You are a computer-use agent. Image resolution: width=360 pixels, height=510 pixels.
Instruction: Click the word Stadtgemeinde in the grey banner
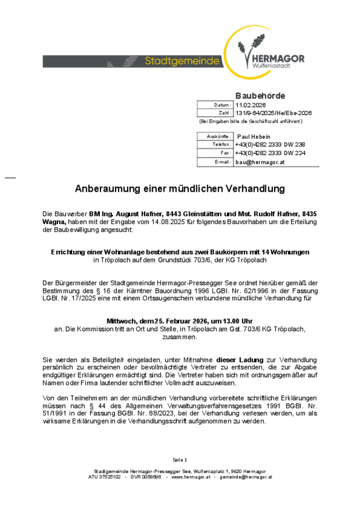[x=182, y=61]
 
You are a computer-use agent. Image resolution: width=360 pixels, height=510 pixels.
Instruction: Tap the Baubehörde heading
[x=260, y=96]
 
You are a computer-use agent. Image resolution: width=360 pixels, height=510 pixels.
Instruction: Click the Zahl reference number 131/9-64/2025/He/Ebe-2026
[x=273, y=113]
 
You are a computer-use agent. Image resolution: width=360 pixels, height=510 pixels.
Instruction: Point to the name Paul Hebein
[x=254, y=137]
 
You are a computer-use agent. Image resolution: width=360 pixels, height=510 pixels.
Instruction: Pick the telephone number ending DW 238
[x=270, y=145]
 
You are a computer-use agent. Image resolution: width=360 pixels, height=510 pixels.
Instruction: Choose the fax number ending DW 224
[x=270, y=153]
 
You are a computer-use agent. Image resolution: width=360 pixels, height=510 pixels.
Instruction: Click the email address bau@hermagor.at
[x=260, y=163]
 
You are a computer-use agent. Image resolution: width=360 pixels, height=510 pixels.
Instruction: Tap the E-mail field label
[x=222, y=163]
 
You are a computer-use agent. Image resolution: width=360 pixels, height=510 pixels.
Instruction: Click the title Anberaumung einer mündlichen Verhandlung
[x=180, y=189]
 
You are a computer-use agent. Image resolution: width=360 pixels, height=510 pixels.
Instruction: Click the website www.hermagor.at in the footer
[x=186, y=477]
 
